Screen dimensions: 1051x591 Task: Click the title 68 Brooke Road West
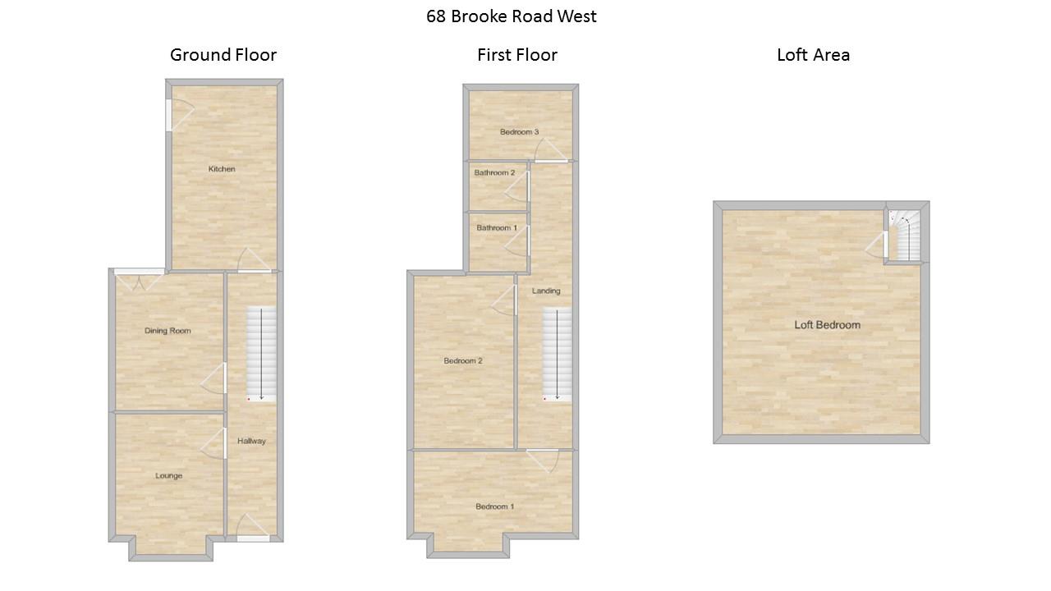click(x=511, y=16)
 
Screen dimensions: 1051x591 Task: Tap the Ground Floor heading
click(x=223, y=55)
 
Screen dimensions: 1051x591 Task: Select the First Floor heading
click(x=517, y=55)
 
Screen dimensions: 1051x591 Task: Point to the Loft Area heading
click(x=813, y=55)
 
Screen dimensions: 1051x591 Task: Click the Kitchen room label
click(x=222, y=169)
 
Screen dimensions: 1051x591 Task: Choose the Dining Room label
click(x=168, y=331)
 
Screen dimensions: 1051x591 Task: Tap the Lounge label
click(x=169, y=475)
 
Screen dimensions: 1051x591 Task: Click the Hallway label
click(x=251, y=441)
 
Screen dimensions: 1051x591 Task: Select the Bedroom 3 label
click(x=519, y=132)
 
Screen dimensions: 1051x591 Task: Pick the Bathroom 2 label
click(x=494, y=172)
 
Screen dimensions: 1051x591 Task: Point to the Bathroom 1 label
click(x=497, y=227)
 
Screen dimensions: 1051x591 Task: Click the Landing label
click(x=546, y=291)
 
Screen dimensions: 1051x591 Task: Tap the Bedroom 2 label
click(x=463, y=360)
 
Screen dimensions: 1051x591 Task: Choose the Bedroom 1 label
click(x=495, y=506)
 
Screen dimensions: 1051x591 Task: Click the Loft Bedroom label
click(x=827, y=324)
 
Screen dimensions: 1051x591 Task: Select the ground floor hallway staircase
click(x=261, y=354)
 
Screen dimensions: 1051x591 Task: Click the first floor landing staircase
click(x=558, y=354)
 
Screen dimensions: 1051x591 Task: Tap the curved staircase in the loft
click(x=905, y=235)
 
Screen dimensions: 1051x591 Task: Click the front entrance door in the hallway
click(x=253, y=528)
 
